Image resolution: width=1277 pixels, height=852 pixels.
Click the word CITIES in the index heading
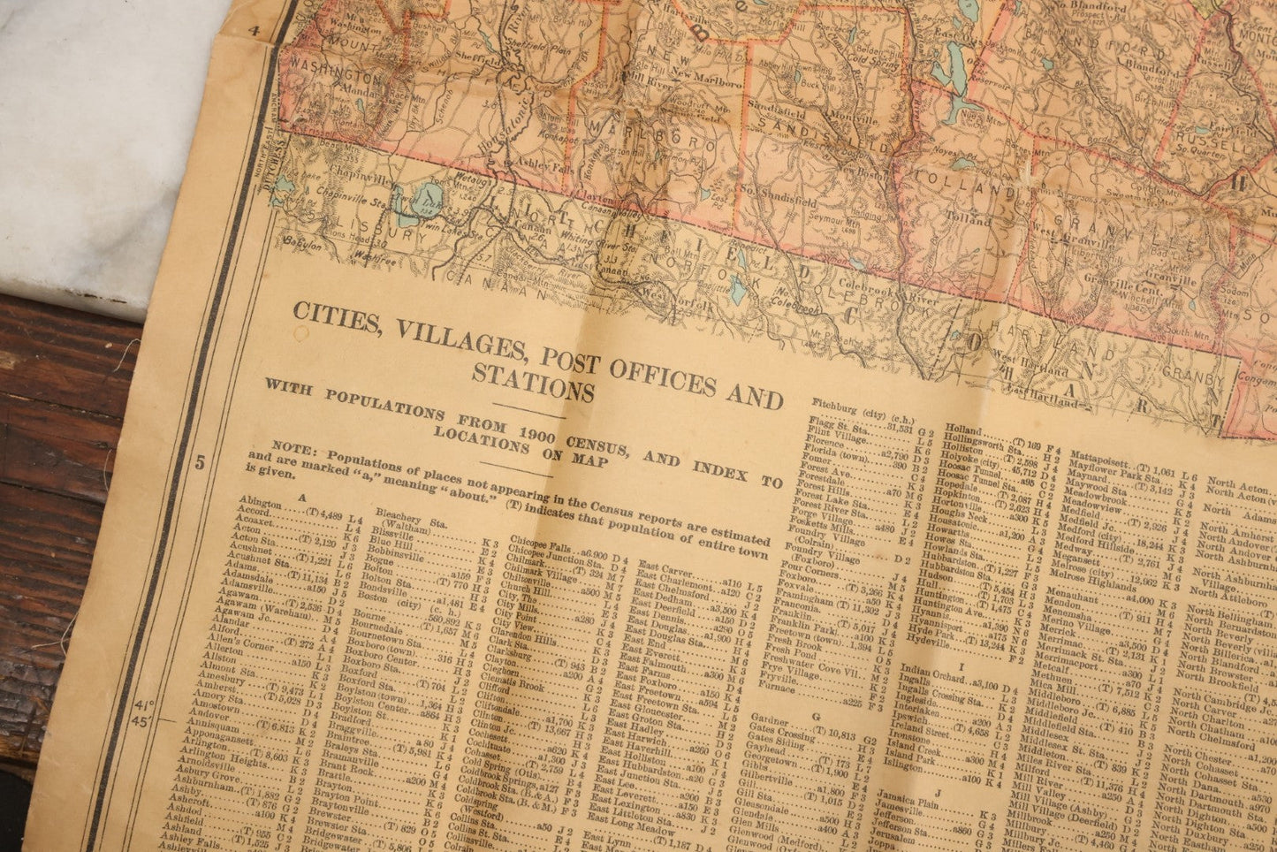click(x=326, y=315)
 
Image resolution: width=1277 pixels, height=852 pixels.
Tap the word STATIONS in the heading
click(x=533, y=369)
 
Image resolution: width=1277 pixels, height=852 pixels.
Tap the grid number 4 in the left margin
click(x=255, y=32)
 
